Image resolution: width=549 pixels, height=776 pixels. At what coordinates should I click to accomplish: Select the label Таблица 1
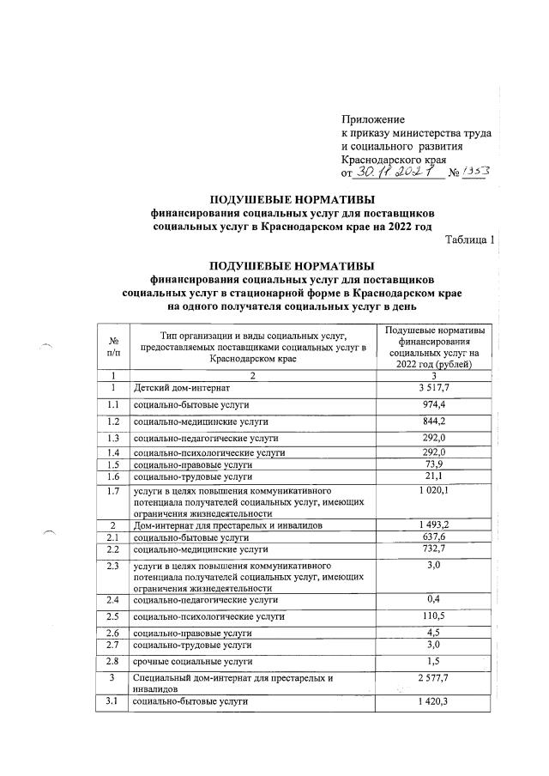point(470,239)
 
